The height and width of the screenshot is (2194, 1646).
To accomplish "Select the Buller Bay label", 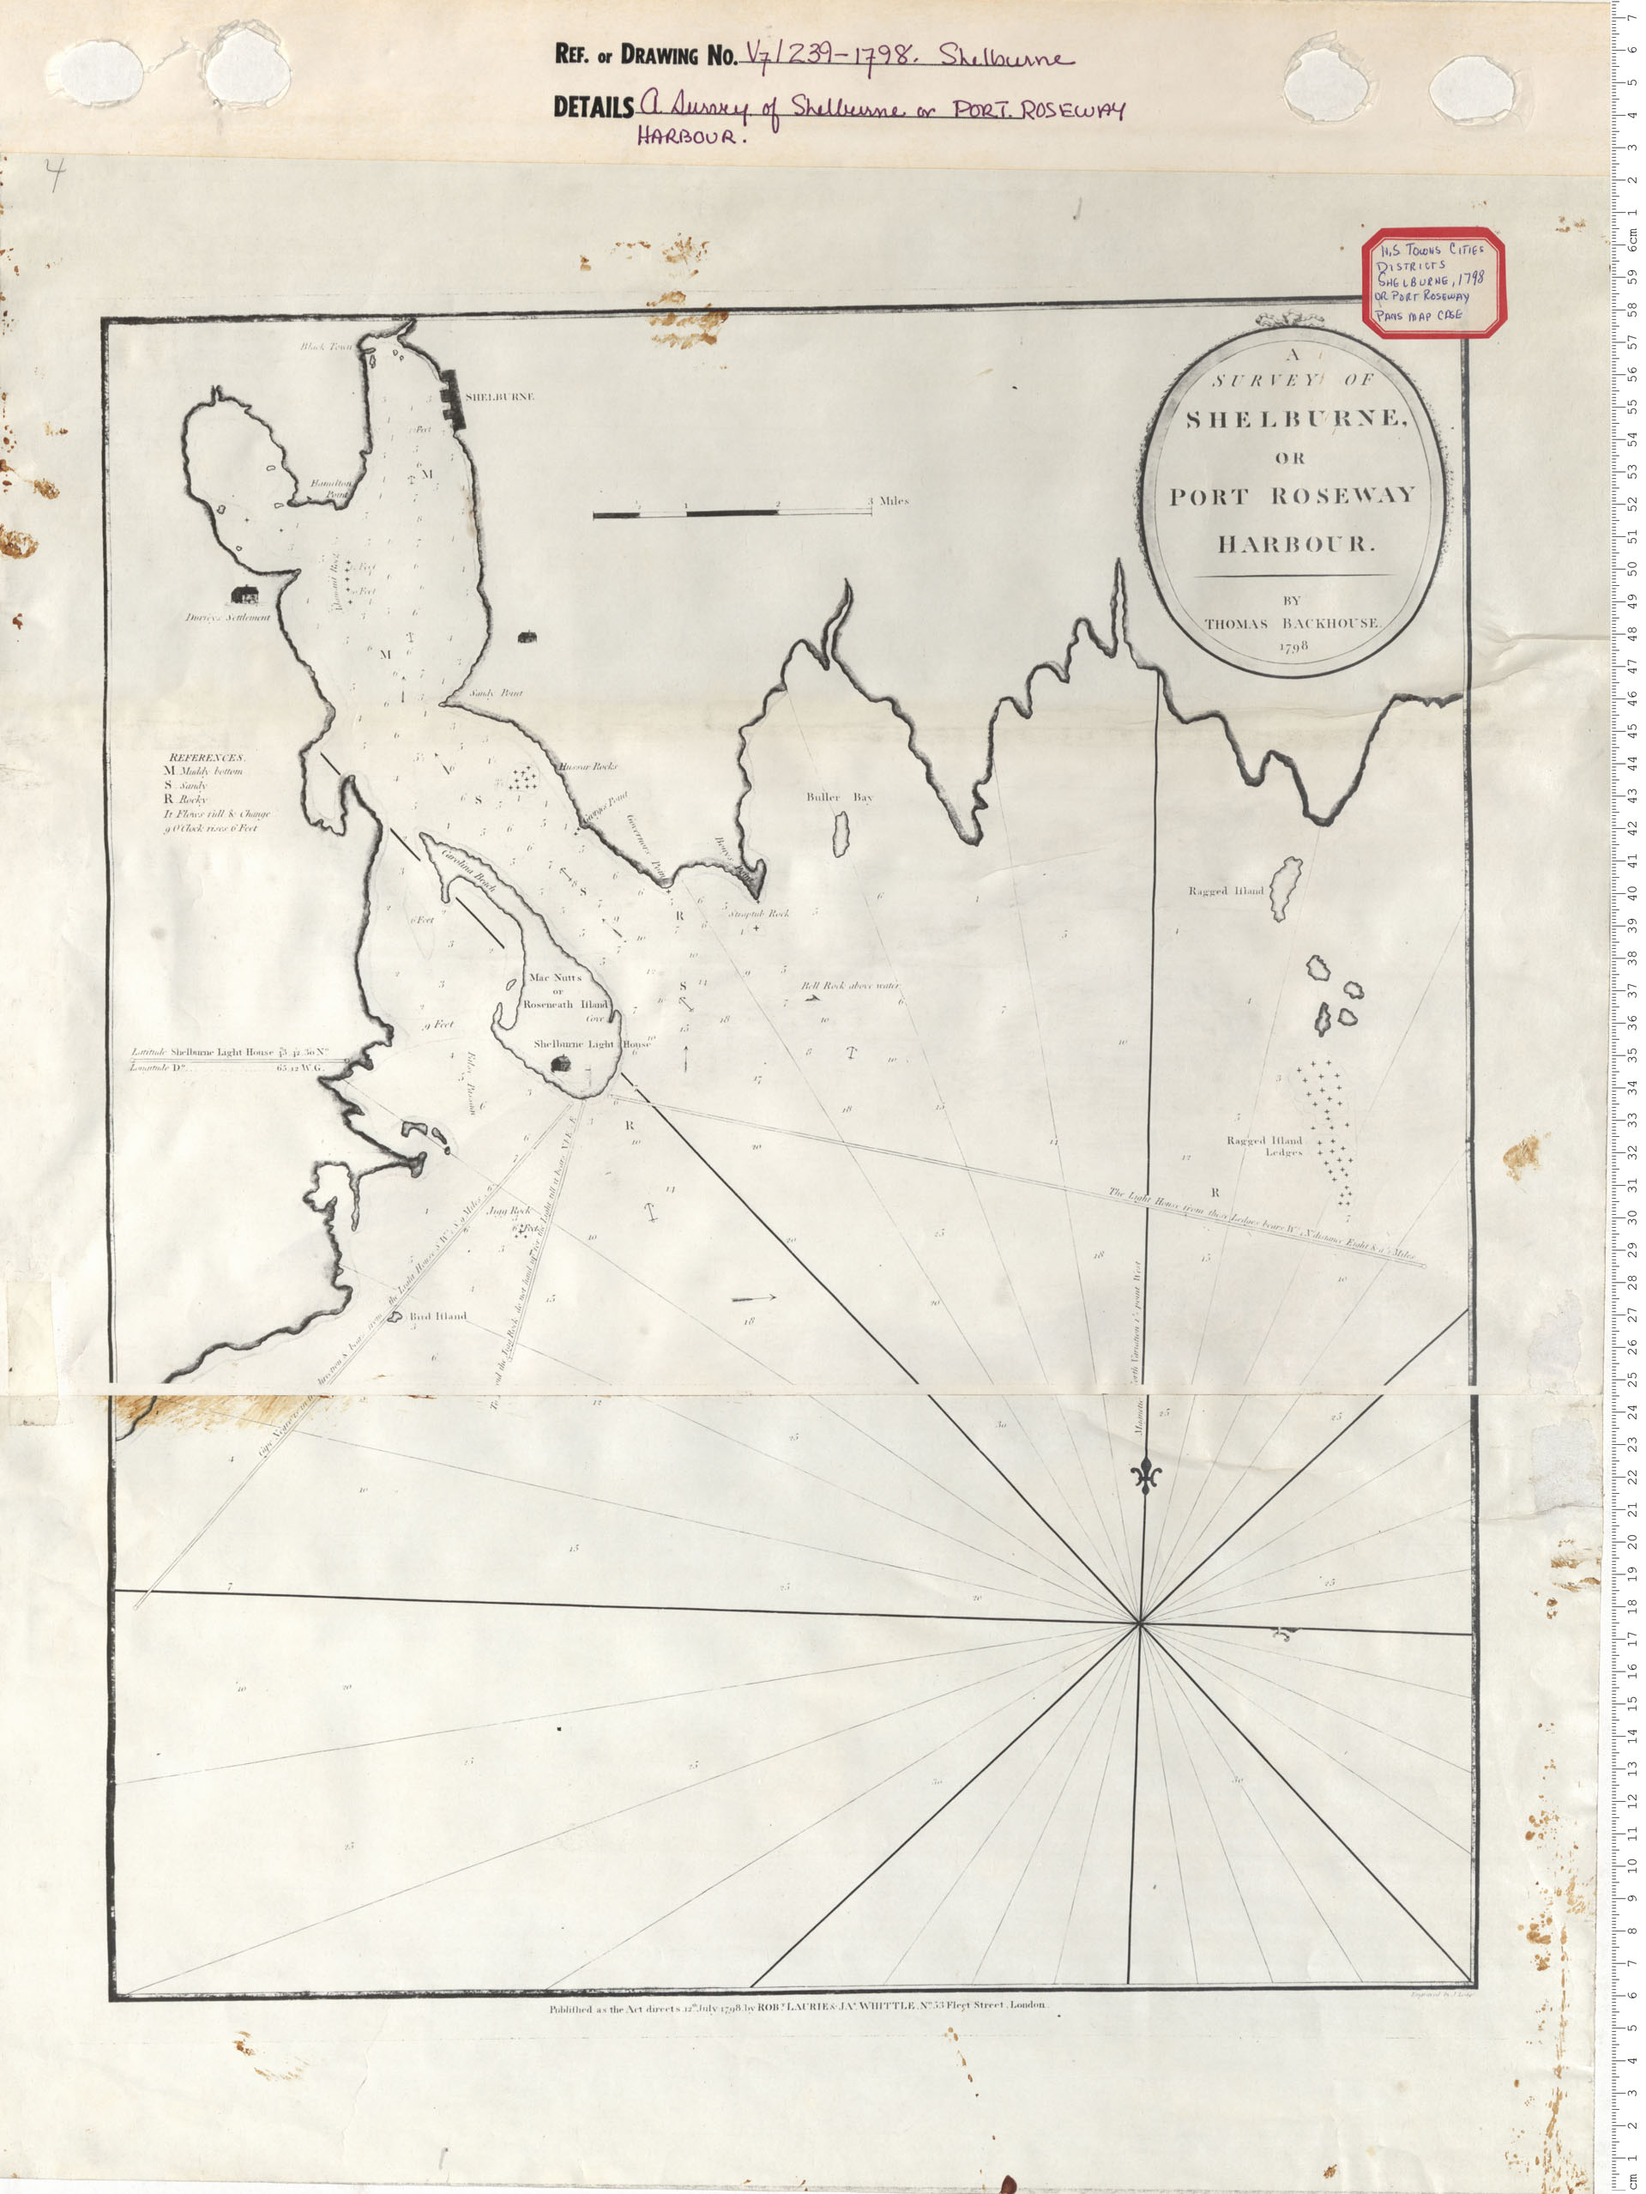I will pyautogui.click(x=839, y=796).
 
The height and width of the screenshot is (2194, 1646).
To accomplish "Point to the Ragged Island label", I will pyautogui.click(x=1226, y=891).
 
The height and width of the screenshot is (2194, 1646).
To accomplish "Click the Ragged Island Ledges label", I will pyautogui.click(x=1264, y=1146).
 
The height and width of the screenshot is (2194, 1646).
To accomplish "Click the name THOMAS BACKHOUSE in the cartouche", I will pyautogui.click(x=1291, y=623).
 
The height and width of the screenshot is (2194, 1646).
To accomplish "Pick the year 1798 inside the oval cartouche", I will pyautogui.click(x=1294, y=646).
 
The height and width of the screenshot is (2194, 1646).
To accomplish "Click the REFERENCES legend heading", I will pyautogui.click(x=206, y=757).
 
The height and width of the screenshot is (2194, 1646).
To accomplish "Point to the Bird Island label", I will pyautogui.click(x=437, y=1316).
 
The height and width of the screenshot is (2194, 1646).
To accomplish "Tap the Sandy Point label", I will pyautogui.click(x=496, y=693).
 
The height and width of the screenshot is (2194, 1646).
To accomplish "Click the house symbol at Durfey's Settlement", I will pyautogui.click(x=243, y=594).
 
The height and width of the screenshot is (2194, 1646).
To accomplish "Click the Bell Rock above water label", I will pyautogui.click(x=850, y=986).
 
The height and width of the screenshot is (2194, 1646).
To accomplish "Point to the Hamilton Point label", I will pyautogui.click(x=330, y=487).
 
